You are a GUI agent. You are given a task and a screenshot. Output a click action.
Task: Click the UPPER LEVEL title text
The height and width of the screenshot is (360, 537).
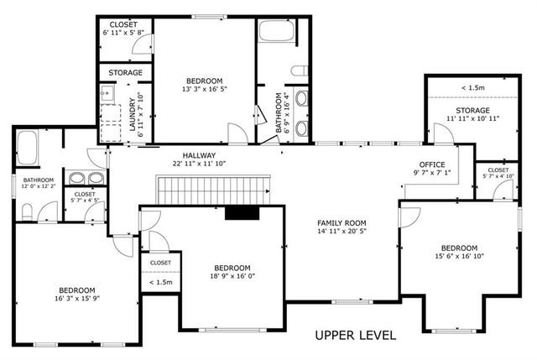[355, 335]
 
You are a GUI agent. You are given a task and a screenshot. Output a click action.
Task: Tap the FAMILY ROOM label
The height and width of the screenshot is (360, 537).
[343, 222]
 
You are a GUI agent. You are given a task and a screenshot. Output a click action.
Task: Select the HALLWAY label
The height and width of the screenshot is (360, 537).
[195, 155]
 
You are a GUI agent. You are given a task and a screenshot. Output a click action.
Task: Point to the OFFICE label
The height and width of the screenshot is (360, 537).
[432, 164]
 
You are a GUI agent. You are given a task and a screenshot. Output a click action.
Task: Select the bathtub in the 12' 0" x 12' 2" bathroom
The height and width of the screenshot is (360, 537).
[25, 149]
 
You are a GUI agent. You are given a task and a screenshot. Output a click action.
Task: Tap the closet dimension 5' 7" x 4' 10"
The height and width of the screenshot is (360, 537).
[498, 176]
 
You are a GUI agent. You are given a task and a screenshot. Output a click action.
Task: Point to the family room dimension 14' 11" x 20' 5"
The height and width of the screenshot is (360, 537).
[343, 232]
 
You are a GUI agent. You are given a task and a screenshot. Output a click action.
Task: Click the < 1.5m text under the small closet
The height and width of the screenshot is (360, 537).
[160, 282]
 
